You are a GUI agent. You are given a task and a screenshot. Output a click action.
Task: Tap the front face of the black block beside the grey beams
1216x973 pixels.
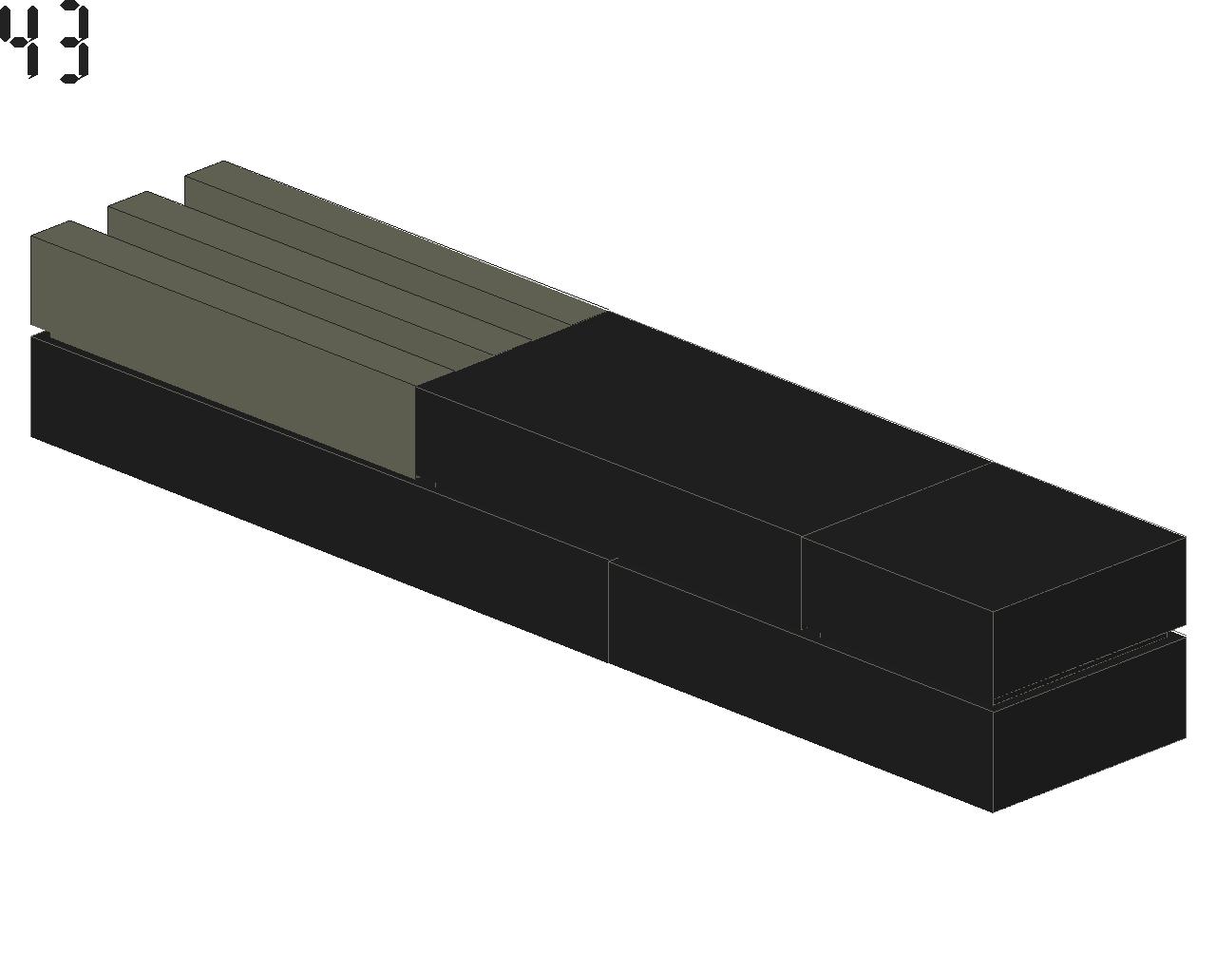[x=609, y=509]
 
